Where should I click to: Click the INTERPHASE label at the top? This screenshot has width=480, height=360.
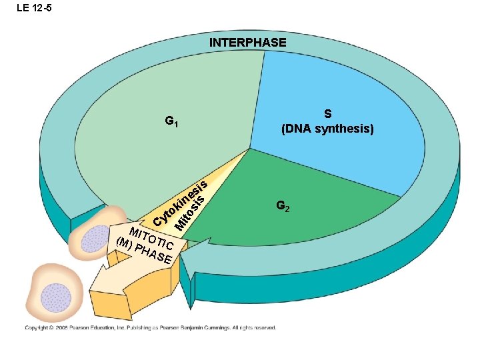click(248, 43)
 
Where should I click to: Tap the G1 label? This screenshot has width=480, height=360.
click(171, 122)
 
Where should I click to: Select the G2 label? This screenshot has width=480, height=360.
click(283, 207)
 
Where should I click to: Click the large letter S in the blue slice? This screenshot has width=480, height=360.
click(327, 114)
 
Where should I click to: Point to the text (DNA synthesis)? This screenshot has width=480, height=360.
click(327, 129)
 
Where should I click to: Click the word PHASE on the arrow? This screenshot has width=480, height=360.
click(155, 254)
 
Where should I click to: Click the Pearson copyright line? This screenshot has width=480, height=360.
click(151, 327)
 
